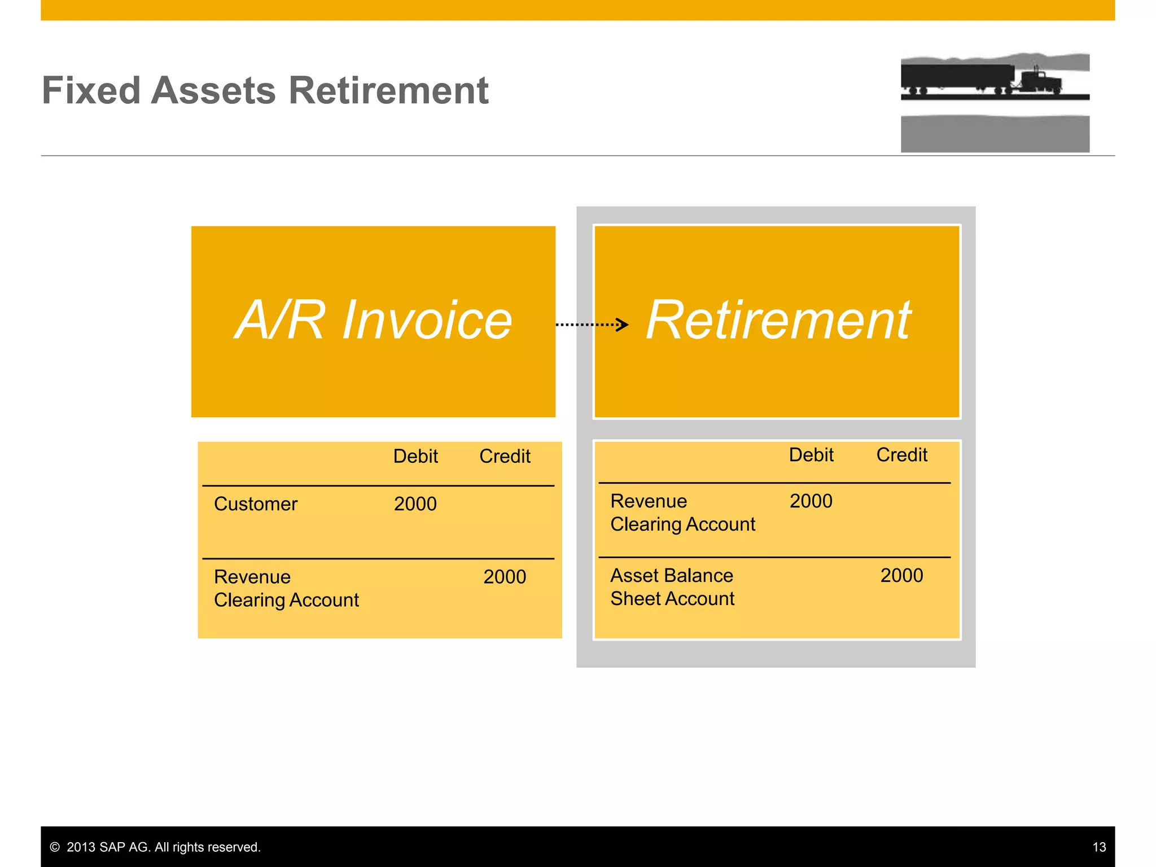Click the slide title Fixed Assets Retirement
[265, 91]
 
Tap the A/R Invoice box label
[373, 320]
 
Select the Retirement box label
[778, 320]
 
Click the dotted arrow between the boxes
[592, 325]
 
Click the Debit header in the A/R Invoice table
[415, 456]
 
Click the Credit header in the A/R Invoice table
[505, 456]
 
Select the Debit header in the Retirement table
[811, 455]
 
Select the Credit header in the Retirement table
[901, 455]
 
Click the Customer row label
[256, 504]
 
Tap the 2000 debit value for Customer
[415, 504]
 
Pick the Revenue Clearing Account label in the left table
[286, 589]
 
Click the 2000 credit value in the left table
[505, 577]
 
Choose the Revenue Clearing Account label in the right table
[682, 513]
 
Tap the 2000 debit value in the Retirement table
[811, 501]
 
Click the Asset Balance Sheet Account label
[672, 587]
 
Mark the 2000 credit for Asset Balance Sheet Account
[901, 576]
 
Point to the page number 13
[1099, 847]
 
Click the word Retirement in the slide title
[388, 91]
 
